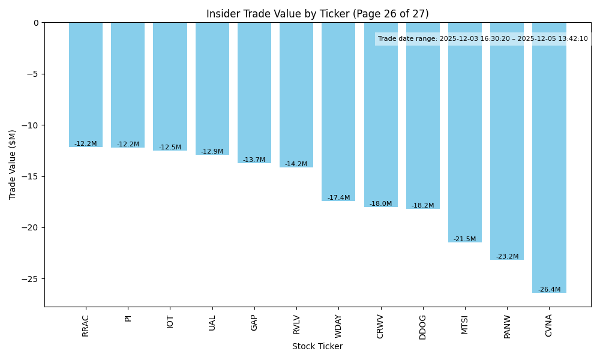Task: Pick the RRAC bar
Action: point(86,85)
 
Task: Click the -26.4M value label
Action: point(549,290)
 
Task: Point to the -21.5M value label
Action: point(464,239)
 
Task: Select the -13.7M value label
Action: point(254,160)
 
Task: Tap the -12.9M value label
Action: point(212,152)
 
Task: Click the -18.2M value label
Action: point(422,206)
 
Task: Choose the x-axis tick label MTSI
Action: point(465,325)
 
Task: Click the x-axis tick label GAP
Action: point(254,323)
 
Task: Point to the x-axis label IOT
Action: point(170,322)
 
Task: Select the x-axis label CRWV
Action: point(380,326)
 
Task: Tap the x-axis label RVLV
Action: point(296,325)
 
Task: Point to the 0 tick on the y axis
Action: point(36,23)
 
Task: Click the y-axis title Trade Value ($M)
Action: point(13,164)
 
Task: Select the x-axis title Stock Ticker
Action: point(317,347)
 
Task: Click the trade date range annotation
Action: point(483,39)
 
